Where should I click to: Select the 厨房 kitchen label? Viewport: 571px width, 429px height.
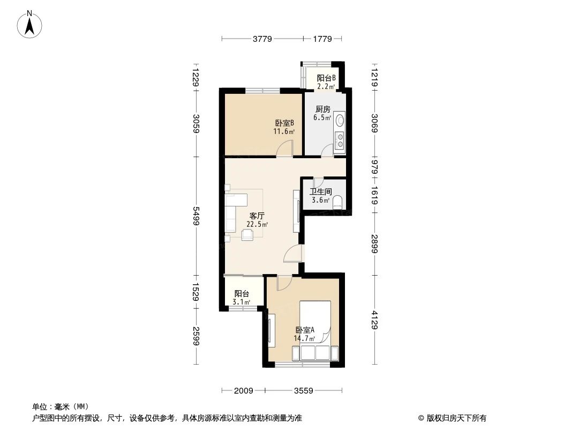point(322,109)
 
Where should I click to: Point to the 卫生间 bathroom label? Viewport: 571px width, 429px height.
point(320,191)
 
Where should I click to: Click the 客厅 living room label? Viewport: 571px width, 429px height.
point(257,217)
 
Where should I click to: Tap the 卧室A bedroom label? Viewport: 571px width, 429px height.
point(304,330)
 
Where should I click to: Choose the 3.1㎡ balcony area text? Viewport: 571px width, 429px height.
point(242,302)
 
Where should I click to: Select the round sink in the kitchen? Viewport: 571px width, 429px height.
point(339,122)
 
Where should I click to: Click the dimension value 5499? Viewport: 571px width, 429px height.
point(196,216)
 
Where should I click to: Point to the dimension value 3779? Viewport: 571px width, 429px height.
point(262,39)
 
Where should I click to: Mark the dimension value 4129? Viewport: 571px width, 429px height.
point(375,320)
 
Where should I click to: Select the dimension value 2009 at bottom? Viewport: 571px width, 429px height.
point(243,390)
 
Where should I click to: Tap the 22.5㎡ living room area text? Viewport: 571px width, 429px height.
point(257,225)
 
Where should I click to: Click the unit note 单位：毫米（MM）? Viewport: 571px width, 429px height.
point(61,406)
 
